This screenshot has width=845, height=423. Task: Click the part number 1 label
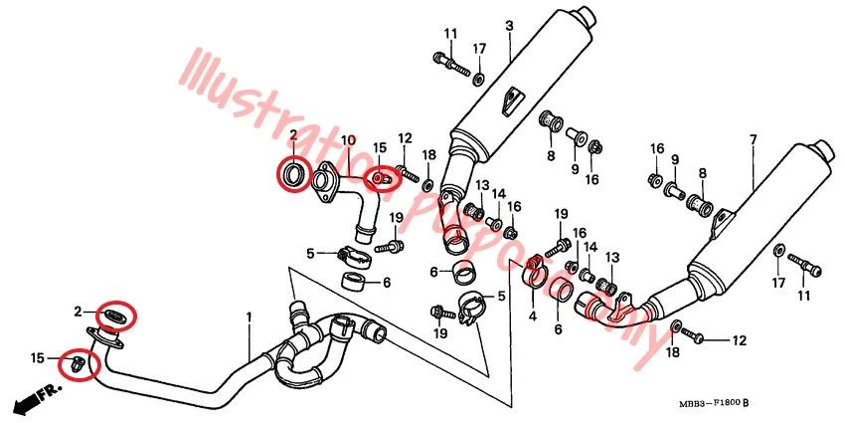point(249,317)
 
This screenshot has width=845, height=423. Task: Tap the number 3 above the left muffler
point(508,25)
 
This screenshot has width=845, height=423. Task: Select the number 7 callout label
point(753,138)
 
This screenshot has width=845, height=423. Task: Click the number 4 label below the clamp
point(532,317)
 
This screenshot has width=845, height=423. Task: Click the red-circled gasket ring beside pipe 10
point(292,176)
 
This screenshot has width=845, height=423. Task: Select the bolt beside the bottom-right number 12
point(699,339)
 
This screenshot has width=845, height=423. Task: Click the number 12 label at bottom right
point(739,340)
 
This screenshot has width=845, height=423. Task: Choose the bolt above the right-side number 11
point(805,264)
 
